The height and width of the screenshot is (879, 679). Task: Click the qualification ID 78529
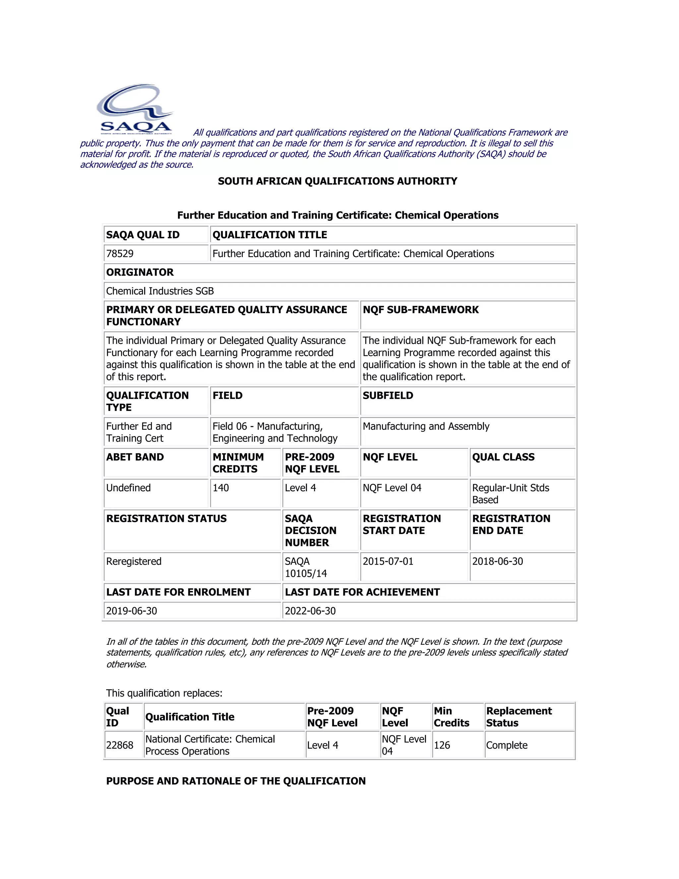tap(120, 253)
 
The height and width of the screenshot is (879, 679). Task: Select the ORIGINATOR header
tap(140, 272)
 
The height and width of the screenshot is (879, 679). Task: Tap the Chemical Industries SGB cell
tap(160, 291)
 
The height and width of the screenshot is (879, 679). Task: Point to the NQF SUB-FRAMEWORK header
tap(420, 309)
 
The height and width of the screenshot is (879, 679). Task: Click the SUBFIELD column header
tap(388, 395)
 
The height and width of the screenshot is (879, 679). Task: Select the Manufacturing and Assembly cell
tap(426, 426)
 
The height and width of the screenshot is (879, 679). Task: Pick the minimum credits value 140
tap(220, 488)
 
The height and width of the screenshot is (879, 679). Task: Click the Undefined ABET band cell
tap(128, 488)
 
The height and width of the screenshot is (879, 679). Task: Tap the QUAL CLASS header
tap(503, 457)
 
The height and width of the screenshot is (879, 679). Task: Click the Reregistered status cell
tap(134, 562)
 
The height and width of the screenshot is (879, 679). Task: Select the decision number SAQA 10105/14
tap(306, 567)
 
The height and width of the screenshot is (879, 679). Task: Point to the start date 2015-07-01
tap(388, 562)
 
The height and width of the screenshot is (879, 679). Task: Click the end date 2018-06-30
tap(497, 562)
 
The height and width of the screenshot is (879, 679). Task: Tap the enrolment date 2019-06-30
tap(132, 611)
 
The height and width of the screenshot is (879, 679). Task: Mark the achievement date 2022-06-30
tap(310, 611)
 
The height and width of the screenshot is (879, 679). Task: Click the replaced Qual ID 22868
tap(119, 745)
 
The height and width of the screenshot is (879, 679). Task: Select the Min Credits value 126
tap(442, 745)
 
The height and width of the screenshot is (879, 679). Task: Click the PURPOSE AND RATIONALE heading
tap(236, 781)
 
